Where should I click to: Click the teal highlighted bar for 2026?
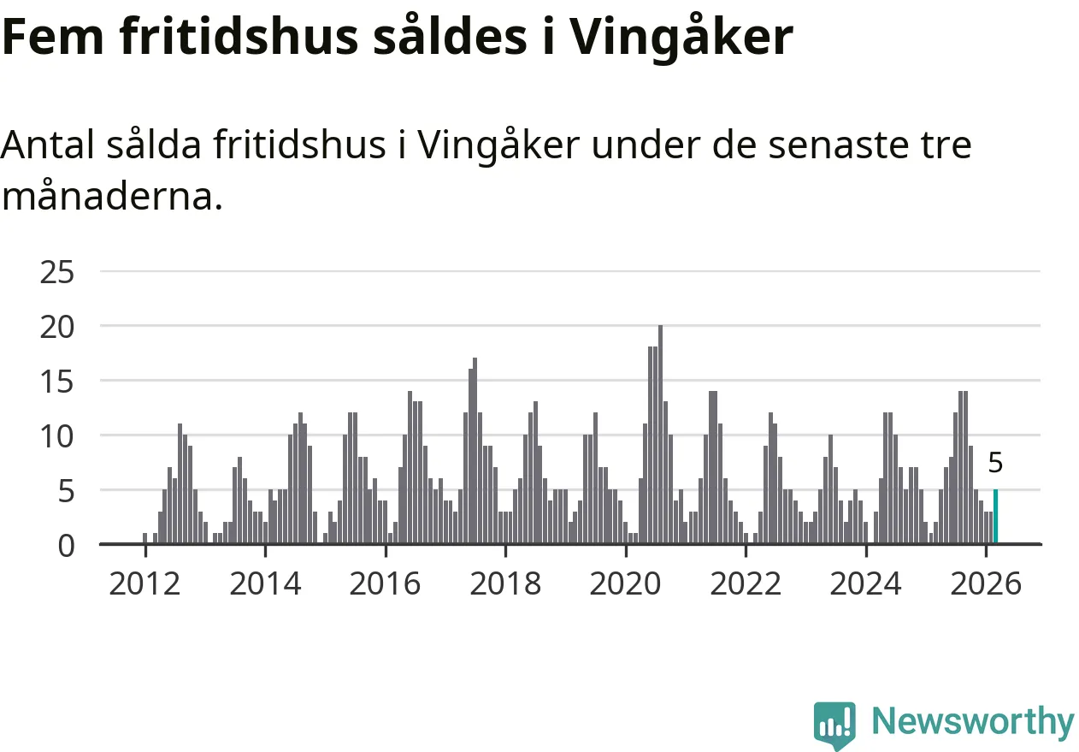coord(995,517)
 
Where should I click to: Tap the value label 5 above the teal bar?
coord(995,464)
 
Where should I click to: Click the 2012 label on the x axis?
coord(145,584)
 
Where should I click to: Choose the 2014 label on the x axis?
coord(265,584)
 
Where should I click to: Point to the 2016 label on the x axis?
coord(386,584)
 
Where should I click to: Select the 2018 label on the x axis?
coord(505,584)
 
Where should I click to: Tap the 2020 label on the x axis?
coord(626,584)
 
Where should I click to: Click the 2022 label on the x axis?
coord(746,584)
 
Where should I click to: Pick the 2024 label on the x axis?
coord(866,584)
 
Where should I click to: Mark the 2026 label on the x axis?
coord(986,584)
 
